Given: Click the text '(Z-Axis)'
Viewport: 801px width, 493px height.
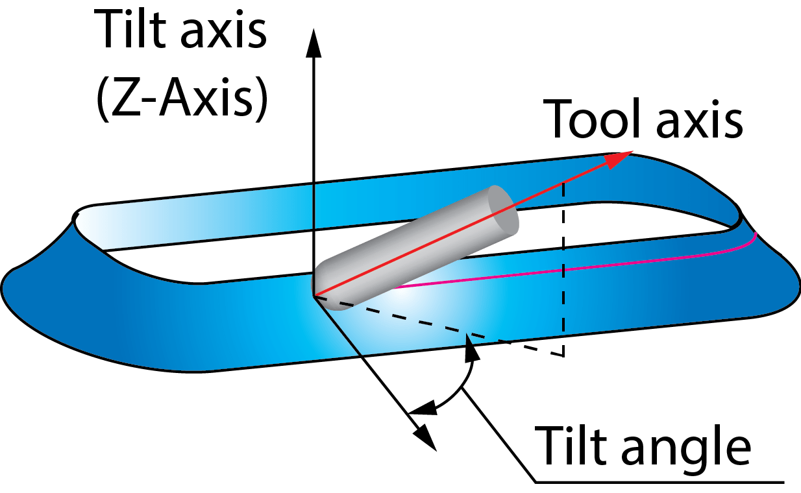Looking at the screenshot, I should (x=182, y=101).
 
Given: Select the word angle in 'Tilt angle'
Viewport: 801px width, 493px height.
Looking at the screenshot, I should (x=688, y=446).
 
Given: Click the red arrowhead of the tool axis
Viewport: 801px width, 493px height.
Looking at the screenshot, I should (x=619, y=158).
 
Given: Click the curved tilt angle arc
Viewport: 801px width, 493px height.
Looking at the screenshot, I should (x=458, y=389).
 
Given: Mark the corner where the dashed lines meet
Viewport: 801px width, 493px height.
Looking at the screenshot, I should (x=563, y=355).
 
